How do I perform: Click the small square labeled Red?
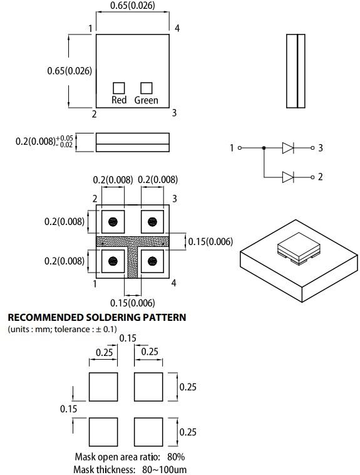[x=118, y=88]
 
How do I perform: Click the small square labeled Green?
[x=147, y=88]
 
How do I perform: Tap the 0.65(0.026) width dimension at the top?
[x=132, y=6]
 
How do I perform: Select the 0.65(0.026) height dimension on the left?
[x=69, y=71]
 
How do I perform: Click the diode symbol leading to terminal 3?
[x=288, y=148]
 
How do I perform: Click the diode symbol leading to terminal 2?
[x=288, y=177]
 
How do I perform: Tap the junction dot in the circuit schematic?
[x=264, y=148]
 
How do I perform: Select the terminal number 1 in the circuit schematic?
[x=232, y=148]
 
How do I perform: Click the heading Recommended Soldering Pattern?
[x=96, y=317]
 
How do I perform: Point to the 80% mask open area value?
[x=176, y=457]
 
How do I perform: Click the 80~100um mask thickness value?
[x=163, y=469]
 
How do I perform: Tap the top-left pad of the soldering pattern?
[x=103, y=387]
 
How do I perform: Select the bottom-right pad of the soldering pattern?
[x=148, y=432]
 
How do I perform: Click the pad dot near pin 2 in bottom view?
[x=114, y=221]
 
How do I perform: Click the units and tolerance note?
[x=61, y=329]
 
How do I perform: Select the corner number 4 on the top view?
[x=177, y=28]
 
